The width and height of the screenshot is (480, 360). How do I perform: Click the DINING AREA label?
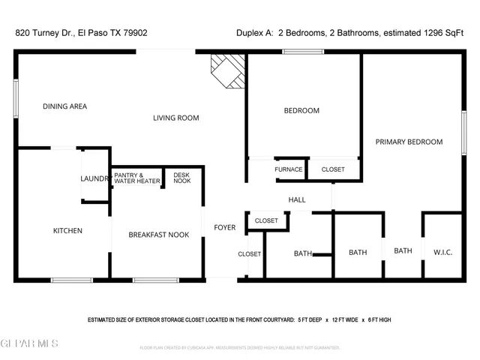click(x=64, y=106)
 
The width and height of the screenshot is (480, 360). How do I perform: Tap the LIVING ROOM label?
click(x=175, y=118)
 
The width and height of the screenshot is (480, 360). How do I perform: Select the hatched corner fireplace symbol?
click(x=228, y=70)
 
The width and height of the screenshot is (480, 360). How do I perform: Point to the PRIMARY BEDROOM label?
click(x=409, y=142)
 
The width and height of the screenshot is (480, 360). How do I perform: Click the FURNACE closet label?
click(x=288, y=169)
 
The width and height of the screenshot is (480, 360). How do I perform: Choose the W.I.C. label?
click(x=442, y=253)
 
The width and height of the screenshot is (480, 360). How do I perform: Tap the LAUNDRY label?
click(x=95, y=178)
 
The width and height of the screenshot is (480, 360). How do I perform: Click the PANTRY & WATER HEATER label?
click(x=136, y=178)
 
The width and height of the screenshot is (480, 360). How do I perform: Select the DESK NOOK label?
click(x=181, y=178)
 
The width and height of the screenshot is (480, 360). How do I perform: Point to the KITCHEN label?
click(x=67, y=230)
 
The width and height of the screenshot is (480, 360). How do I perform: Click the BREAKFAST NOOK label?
click(x=158, y=235)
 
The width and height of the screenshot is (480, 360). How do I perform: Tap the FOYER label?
click(x=224, y=227)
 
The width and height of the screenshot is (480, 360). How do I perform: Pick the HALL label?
click(x=297, y=199)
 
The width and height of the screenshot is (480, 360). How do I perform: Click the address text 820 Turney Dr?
click(x=43, y=33)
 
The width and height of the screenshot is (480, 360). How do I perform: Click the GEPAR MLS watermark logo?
click(x=30, y=343)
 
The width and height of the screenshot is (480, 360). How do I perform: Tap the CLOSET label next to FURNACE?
click(x=333, y=169)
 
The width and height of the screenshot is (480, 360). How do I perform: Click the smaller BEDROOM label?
click(x=301, y=110)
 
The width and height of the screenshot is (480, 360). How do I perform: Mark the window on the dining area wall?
click(x=16, y=97)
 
